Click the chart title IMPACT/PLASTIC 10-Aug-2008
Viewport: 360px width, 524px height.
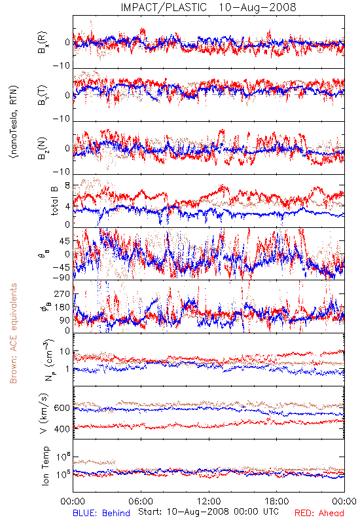(208, 7)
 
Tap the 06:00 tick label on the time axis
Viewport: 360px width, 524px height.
(141, 501)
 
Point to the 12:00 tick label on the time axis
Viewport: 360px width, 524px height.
(209, 501)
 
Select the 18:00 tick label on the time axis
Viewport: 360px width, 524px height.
(277, 501)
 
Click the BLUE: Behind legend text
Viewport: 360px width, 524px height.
(101, 513)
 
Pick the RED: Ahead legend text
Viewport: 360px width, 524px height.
(319, 513)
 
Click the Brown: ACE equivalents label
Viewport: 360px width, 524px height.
(13, 333)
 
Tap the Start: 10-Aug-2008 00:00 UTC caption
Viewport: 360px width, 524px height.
(208, 512)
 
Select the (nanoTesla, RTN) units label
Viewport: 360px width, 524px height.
(14, 122)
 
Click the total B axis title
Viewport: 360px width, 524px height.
(54, 201)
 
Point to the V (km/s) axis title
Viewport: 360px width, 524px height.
(44, 413)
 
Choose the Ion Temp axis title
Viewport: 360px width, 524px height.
(45, 466)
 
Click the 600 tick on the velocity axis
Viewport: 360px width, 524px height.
(62, 407)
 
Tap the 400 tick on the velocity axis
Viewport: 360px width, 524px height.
(62, 429)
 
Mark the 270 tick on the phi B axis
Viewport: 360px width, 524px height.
(62, 293)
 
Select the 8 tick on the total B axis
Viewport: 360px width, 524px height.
(67, 185)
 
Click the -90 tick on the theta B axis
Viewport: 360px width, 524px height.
(62, 277)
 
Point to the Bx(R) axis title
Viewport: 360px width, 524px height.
(43, 43)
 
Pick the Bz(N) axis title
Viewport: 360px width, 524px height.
(43, 149)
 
